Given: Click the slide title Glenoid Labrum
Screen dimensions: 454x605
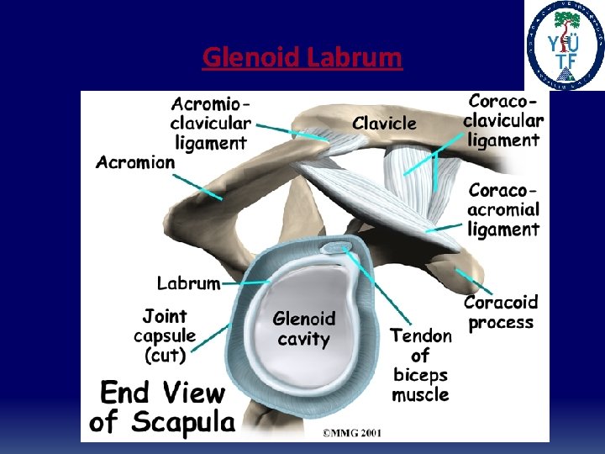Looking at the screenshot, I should pyautogui.click(x=302, y=58).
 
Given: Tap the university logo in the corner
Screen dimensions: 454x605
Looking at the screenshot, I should pyautogui.click(x=565, y=45).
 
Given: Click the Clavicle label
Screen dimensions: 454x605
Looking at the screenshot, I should pyautogui.click(x=384, y=124).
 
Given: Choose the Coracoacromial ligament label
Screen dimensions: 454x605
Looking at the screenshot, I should pyautogui.click(x=503, y=210).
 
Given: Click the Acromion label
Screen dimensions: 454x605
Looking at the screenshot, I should pyautogui.click(x=135, y=162).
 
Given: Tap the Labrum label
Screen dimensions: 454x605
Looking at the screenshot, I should pyautogui.click(x=188, y=283).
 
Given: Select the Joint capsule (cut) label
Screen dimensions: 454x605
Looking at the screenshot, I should pyautogui.click(x=165, y=336).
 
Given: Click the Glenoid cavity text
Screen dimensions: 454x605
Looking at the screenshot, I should pyautogui.click(x=303, y=330).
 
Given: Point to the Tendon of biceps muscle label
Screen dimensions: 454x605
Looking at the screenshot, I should pyautogui.click(x=420, y=365).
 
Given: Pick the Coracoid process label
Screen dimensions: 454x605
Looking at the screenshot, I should pyautogui.click(x=501, y=312).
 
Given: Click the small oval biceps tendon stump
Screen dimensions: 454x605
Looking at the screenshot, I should pyautogui.click(x=338, y=248).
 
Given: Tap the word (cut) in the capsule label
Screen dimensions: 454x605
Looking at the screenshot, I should pyautogui.click(x=165, y=356).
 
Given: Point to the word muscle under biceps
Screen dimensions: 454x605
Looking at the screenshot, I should pyautogui.click(x=420, y=395).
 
